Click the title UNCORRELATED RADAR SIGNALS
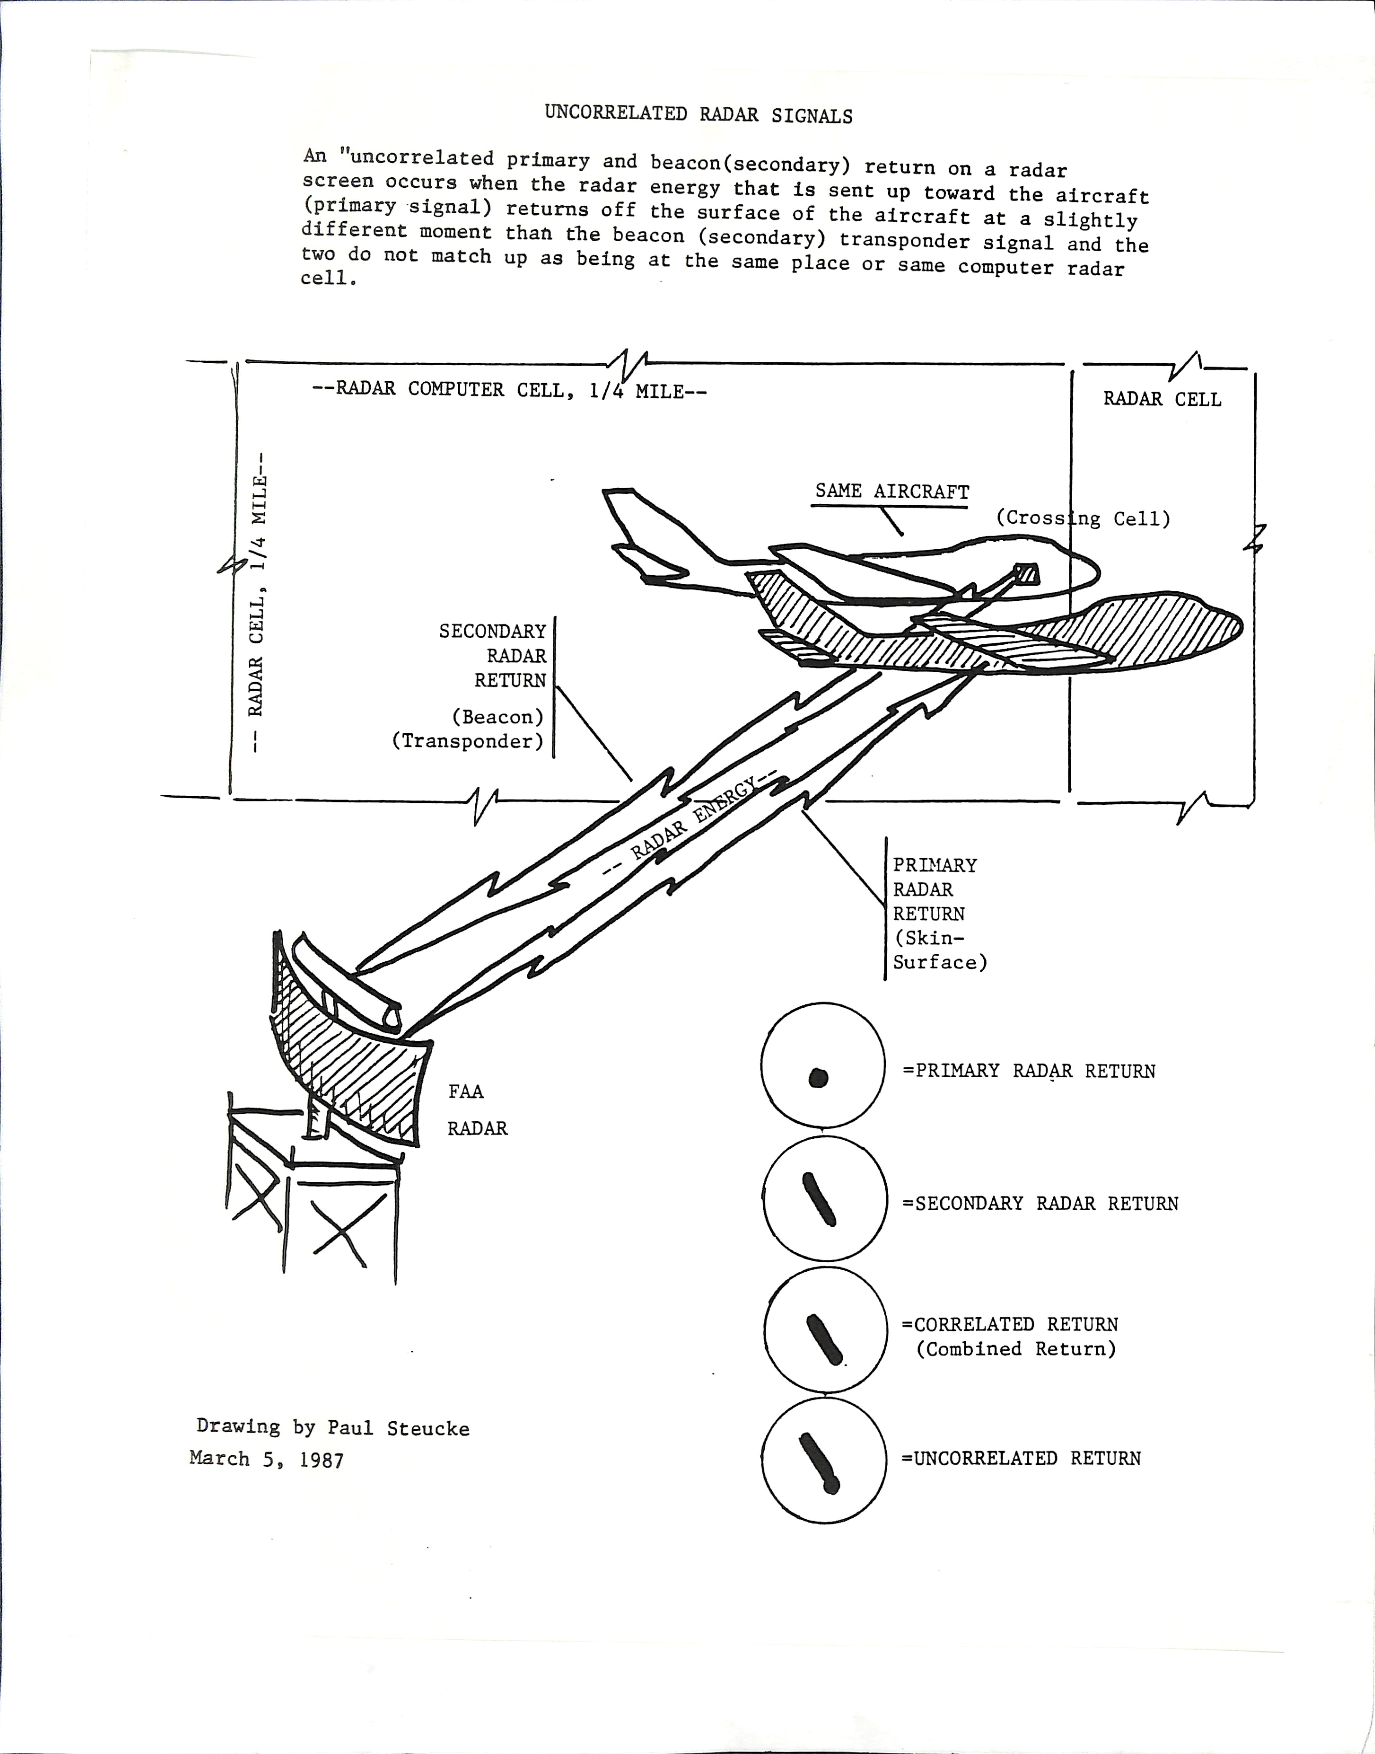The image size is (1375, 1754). (x=698, y=114)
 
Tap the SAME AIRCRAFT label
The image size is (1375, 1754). (x=892, y=491)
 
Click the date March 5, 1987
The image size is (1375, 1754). (x=267, y=1459)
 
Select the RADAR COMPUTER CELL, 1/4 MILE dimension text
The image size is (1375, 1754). (x=510, y=390)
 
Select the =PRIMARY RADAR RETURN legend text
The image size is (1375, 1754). (x=1029, y=1071)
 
